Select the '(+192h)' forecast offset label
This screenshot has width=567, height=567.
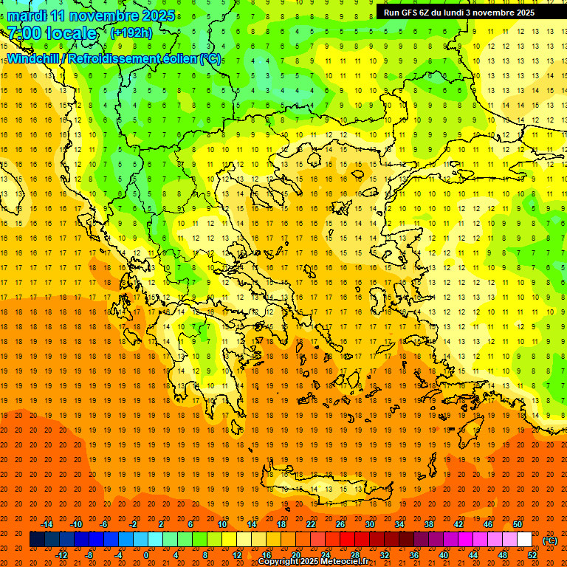click(131, 32)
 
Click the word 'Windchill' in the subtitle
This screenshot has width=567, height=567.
click(34, 58)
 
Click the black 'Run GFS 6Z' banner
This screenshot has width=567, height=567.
click(465, 13)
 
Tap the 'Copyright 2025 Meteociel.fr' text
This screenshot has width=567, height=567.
click(315, 562)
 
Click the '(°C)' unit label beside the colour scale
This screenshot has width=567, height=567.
click(549, 540)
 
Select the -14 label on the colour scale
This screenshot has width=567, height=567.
click(47, 524)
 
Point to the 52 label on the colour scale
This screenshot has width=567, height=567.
click(532, 554)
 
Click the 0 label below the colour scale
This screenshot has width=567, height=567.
click(146, 554)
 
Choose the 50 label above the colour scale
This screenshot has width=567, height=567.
click(518, 524)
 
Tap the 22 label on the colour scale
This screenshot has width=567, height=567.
click(311, 524)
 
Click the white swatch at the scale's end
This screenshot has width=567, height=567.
click(525, 540)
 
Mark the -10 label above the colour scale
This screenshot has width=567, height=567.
click(76, 524)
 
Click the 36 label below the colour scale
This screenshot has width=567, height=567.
click(414, 554)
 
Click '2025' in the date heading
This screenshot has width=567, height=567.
click(157, 16)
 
